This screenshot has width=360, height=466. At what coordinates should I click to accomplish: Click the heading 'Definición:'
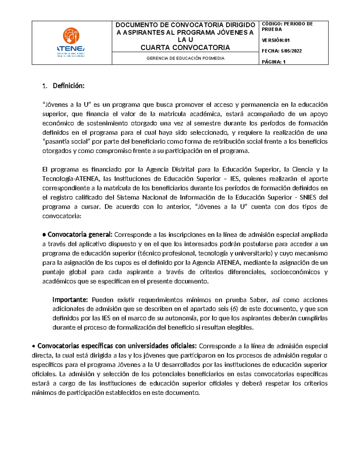(69, 86)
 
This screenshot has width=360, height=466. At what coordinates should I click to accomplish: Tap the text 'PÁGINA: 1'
(274, 62)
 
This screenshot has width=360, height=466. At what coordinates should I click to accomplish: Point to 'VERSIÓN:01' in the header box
(276, 40)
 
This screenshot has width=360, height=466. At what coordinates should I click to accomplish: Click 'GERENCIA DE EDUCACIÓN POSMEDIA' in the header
(185, 58)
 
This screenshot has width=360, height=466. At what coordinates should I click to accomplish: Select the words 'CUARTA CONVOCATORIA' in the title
(185, 47)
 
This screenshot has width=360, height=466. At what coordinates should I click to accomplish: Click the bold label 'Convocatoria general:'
(80, 234)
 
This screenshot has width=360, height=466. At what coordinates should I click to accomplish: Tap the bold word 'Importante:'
(70, 299)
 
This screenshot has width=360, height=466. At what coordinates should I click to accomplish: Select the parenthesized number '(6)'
(234, 309)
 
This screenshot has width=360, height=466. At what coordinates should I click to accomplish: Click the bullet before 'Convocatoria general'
(44, 235)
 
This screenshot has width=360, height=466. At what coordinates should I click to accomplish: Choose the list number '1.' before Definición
(45, 86)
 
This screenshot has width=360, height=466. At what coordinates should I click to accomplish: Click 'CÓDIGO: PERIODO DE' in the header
(287, 24)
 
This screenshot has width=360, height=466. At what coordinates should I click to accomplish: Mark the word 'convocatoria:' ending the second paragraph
(62, 216)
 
